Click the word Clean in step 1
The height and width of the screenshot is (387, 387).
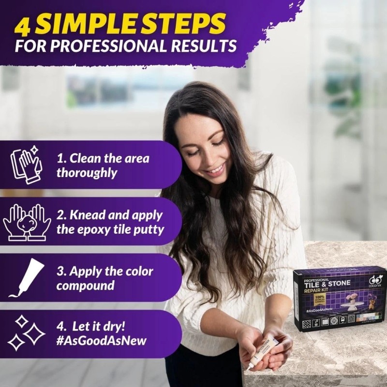(85, 159)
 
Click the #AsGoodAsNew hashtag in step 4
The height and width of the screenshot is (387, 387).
(102, 341)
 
